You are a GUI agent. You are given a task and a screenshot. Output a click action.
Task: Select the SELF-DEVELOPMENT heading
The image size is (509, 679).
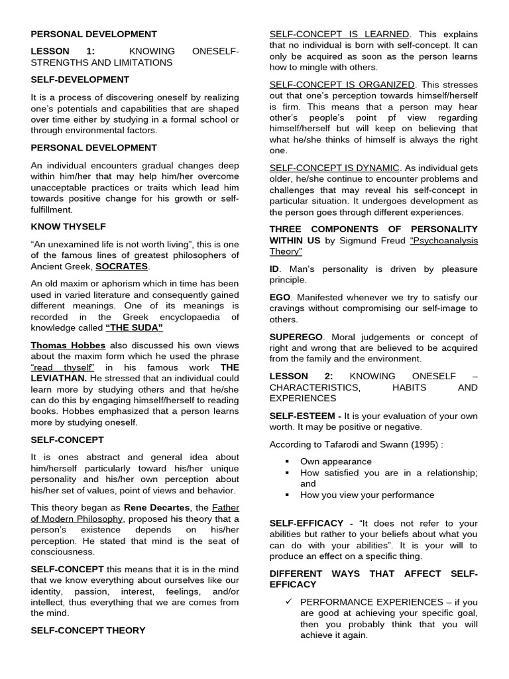(x=80, y=80)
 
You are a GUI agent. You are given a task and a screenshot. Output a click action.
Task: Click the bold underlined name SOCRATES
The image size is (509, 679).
(x=122, y=267)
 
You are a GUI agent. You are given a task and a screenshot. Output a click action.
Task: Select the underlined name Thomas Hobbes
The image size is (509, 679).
(x=68, y=345)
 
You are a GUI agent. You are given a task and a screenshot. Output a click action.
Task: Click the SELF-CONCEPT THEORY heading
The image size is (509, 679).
(x=87, y=631)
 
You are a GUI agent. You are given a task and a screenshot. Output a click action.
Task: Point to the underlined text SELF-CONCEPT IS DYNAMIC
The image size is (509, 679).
(x=334, y=168)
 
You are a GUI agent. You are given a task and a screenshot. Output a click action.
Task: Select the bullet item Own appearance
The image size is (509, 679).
(x=335, y=462)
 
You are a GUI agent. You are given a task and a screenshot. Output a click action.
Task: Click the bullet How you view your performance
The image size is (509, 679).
(x=367, y=495)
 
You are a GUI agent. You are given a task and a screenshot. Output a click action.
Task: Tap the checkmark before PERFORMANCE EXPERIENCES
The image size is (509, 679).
(x=288, y=602)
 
